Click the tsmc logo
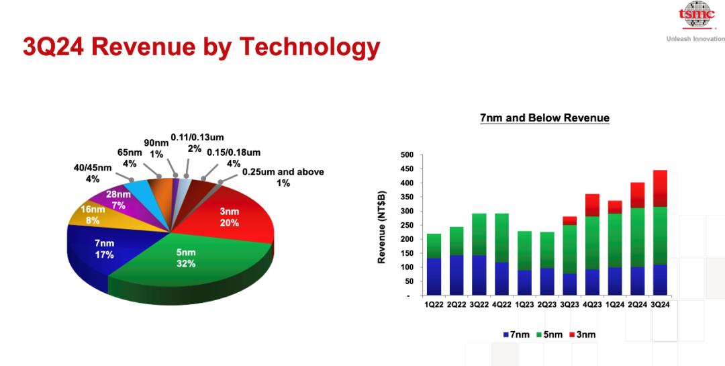[x=696, y=15]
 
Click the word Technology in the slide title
[x=308, y=48]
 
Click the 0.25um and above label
[x=283, y=177]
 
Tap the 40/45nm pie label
[x=93, y=173]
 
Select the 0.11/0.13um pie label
[x=197, y=142]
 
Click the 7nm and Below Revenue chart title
[x=544, y=118]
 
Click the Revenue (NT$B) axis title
[x=381, y=227]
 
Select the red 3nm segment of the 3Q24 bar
[x=660, y=188]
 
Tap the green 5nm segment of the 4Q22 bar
[x=501, y=238]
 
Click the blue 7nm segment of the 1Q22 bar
[x=434, y=276]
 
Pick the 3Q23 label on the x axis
[x=569, y=305]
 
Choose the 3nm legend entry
[x=583, y=334]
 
